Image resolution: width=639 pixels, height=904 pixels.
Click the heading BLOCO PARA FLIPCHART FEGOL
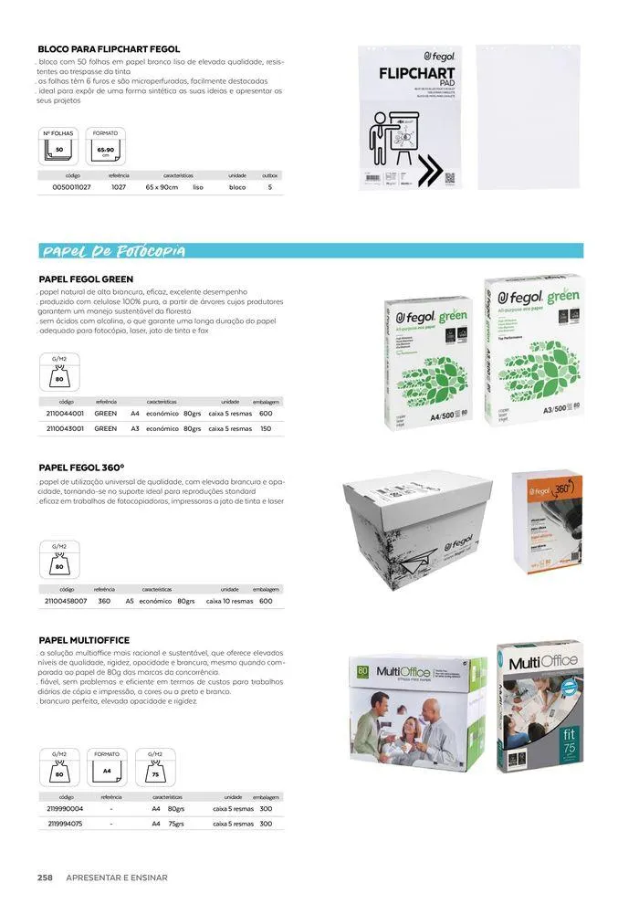point(109,48)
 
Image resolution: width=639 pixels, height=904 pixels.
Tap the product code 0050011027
point(65,186)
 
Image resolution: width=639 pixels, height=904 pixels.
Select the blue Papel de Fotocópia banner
point(310,251)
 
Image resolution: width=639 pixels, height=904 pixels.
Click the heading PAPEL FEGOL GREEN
point(86,279)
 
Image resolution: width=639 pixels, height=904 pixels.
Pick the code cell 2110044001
point(65,413)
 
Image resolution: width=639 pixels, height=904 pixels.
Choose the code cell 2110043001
point(65,427)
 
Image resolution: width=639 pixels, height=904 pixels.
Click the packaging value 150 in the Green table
point(266,427)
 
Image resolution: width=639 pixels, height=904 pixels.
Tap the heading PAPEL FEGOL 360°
point(81,467)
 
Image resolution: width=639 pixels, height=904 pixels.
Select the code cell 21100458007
point(66,601)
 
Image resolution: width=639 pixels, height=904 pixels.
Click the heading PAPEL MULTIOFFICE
point(84,640)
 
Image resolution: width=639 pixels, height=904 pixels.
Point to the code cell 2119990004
point(65,809)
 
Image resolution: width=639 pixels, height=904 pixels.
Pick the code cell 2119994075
point(65,824)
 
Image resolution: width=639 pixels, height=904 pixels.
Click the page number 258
point(44,878)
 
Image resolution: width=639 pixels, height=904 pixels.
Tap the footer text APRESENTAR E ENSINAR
point(117,878)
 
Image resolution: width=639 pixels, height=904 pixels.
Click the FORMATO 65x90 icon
point(106,146)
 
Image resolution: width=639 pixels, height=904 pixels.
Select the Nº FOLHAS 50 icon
point(58,146)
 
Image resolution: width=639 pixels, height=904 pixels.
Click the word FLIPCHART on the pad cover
point(412,74)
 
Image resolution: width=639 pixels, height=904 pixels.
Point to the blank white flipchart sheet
point(529,116)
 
